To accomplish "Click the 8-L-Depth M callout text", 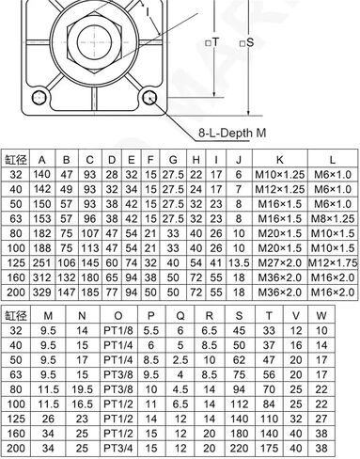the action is (232, 133).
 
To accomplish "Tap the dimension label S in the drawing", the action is (250, 42).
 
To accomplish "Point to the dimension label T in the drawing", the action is (215, 42).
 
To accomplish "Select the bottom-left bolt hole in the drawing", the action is (39, 98).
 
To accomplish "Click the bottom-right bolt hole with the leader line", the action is (149, 98).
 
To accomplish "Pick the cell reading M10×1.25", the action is (279, 175).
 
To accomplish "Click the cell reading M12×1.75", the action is (333, 262).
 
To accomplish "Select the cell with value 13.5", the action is (239, 262).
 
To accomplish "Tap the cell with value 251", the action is (41, 262).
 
